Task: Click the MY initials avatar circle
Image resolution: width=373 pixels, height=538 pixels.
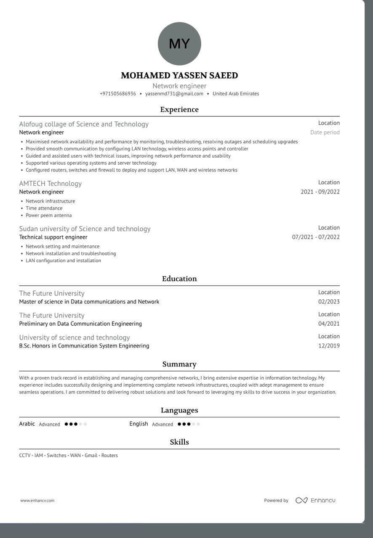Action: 179,44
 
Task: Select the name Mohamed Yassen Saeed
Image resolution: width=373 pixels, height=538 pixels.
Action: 179,76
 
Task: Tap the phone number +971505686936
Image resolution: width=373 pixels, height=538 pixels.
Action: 118,94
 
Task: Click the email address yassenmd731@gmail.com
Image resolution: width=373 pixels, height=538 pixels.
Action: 174,94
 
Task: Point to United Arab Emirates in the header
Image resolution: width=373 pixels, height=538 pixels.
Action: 236,94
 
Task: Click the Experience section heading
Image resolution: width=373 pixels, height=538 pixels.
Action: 179,110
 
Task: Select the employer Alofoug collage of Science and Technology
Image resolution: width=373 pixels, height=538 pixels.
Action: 84,124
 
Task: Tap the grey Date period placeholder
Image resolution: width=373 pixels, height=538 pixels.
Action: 325,132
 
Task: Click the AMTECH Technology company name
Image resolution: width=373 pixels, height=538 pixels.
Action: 51,184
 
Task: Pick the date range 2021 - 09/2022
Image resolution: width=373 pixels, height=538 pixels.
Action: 320,192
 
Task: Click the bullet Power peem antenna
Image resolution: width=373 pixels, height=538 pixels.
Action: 49,216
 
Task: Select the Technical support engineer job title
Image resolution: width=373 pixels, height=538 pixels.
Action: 53,237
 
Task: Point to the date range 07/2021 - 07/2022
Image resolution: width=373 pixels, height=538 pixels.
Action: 316,237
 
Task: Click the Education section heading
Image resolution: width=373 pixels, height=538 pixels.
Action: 179,279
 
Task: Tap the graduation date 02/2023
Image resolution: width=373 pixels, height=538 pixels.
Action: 329,302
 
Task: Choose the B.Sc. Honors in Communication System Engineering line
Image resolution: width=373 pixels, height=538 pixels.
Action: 84,346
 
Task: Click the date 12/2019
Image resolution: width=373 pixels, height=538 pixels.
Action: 329,346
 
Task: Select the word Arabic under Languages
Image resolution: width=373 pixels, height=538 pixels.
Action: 27,424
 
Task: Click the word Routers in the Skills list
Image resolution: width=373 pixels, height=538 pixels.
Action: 109,456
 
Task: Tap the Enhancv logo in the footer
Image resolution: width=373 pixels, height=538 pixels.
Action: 315,501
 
